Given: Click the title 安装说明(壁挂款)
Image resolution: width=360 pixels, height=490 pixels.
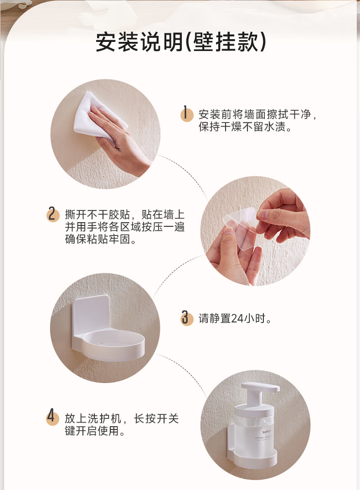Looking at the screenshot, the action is pos(181,42).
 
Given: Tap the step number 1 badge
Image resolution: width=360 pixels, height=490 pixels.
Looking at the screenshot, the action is pos(186,113).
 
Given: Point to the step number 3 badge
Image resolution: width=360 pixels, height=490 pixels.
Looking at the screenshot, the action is pos(187,318).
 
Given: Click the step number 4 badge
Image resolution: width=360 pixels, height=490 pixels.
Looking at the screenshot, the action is pos(52,417).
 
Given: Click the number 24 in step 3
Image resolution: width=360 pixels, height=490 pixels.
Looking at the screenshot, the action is pos(237,318).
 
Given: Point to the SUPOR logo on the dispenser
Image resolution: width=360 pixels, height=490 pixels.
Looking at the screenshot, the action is pos(267,432).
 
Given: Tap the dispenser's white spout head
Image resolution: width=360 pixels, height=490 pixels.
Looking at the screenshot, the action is pos(260,388).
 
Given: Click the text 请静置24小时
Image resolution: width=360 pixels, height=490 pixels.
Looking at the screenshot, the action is pos(235,318).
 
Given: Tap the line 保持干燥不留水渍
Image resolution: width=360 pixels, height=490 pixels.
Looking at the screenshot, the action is pos(245,127).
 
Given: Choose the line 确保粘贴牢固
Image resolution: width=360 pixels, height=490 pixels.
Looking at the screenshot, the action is pos(101,239).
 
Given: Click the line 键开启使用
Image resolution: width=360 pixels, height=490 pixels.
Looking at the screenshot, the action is pos(95,431).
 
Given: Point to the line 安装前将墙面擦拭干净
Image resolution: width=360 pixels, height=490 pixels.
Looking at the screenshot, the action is pos(257,114).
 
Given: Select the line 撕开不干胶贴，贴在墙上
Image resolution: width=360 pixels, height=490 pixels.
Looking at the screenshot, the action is pos(125,214).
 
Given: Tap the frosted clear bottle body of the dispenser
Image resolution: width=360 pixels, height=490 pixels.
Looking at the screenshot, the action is pos(254,431).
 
